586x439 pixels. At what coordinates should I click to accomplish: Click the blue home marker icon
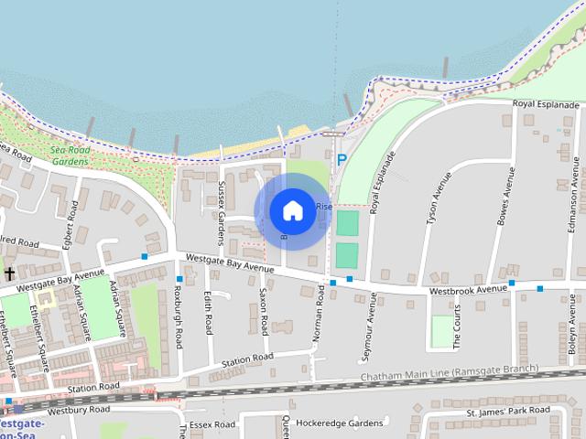pyautogui.click(x=292, y=210)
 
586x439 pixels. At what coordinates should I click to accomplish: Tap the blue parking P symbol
pyautogui.click(x=342, y=159)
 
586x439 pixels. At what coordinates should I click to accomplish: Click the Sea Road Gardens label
pyautogui.click(x=70, y=156)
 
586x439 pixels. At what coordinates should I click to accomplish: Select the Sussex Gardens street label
pyautogui.click(x=222, y=213)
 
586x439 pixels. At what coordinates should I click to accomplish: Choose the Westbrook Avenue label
pyautogui.click(x=468, y=289)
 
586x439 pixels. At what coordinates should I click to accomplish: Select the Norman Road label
pyautogui.click(x=320, y=313)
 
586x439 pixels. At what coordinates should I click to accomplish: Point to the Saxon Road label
pyautogui.click(x=264, y=312)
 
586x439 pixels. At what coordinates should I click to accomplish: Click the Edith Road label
pyautogui.click(x=209, y=312)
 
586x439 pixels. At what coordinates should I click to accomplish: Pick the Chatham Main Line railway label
pyautogui.click(x=449, y=376)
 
